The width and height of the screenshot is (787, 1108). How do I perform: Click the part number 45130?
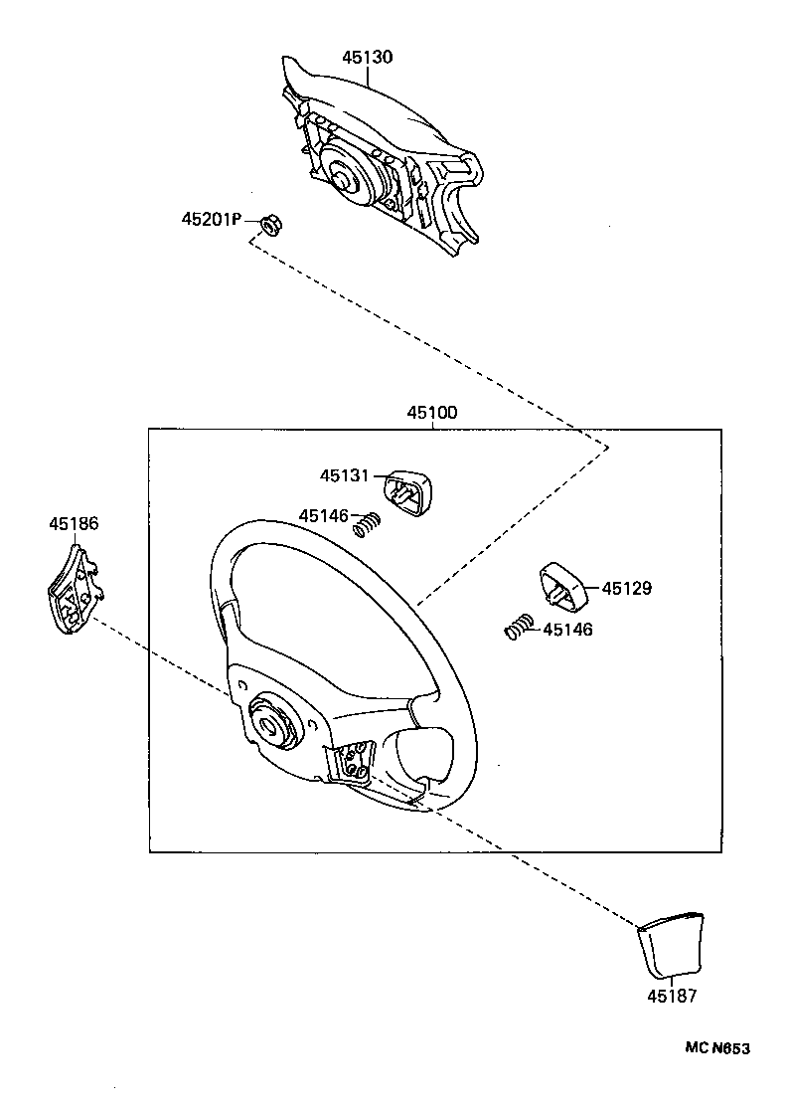[x=367, y=57]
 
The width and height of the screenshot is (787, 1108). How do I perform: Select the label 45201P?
[x=211, y=219]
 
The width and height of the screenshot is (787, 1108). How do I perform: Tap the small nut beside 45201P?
[x=268, y=227]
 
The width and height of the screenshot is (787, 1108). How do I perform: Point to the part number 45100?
[x=431, y=413]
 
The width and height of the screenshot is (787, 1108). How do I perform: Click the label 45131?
[x=344, y=476]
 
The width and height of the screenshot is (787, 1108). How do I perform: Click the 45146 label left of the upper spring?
[x=324, y=515]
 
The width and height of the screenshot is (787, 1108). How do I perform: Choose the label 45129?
[x=626, y=588]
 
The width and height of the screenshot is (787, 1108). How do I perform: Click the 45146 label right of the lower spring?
[x=567, y=629]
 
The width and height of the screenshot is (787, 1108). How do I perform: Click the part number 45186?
[x=74, y=522]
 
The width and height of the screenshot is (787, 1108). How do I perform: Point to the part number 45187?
[x=672, y=995]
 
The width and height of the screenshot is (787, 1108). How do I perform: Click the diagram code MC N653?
[x=715, y=1048]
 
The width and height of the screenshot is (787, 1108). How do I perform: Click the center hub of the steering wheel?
[x=269, y=722]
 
